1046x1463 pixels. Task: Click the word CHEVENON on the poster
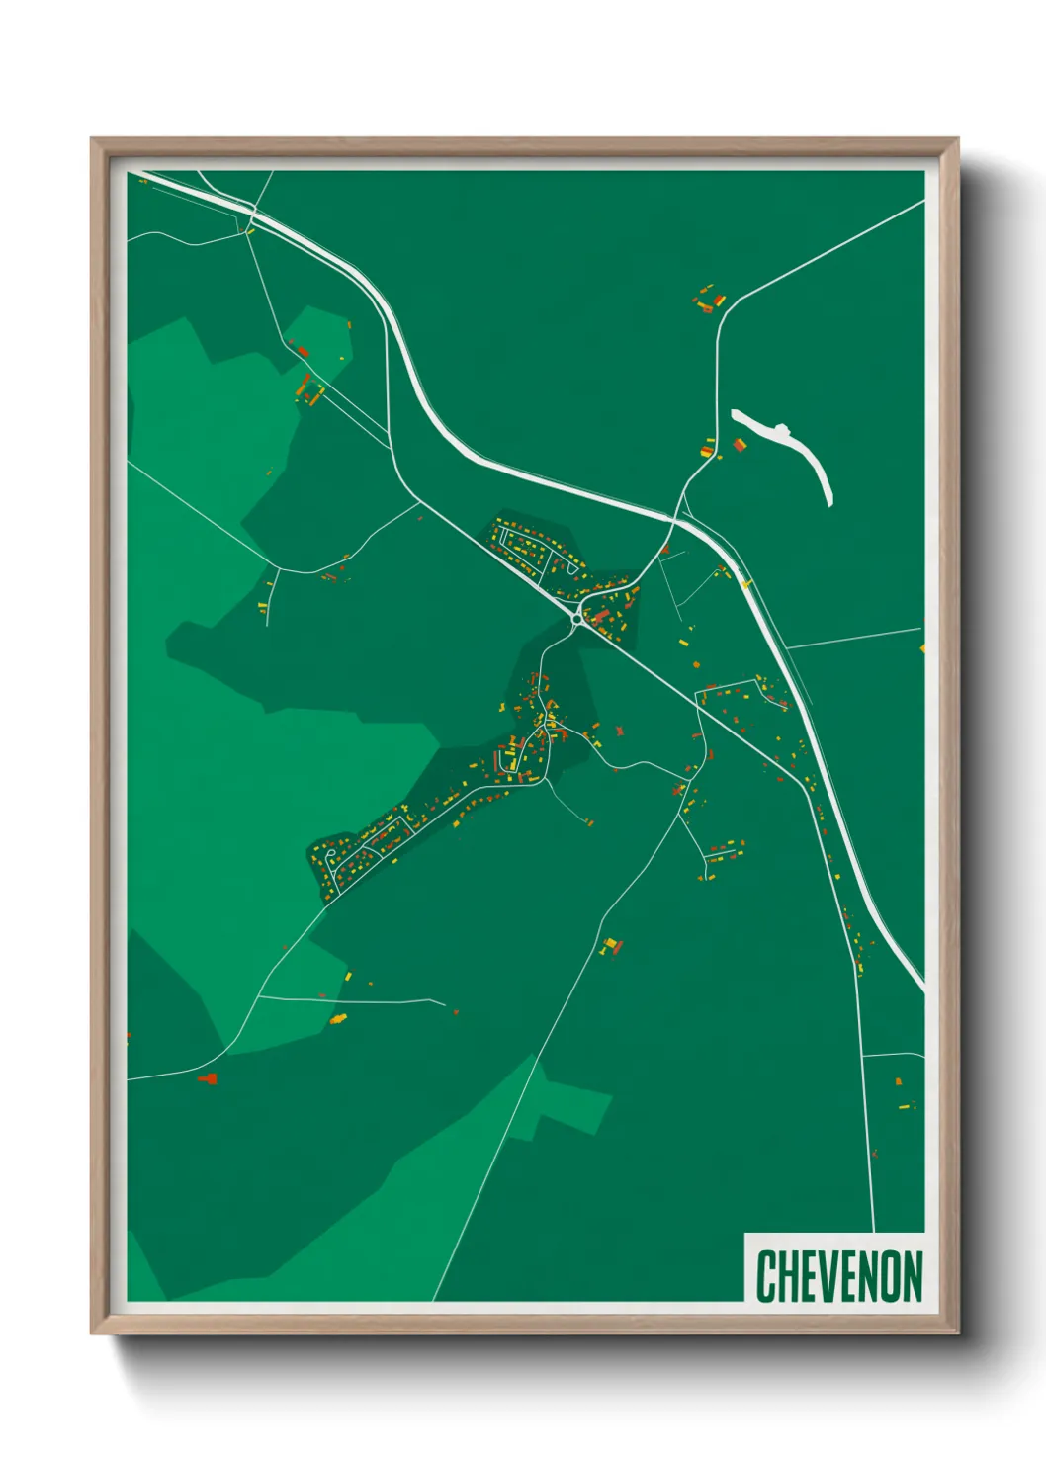pyautogui.click(x=839, y=1276)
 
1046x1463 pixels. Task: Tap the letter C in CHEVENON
pyautogui.click(x=766, y=1276)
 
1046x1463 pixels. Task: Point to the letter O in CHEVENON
pyautogui.click(x=890, y=1276)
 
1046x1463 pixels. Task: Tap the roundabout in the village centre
pyautogui.click(x=577, y=620)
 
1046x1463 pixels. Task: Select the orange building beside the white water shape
pyautogui.click(x=739, y=446)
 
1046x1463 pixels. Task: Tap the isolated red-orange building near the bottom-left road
pyautogui.click(x=208, y=1078)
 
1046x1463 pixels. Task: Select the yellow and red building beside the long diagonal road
pyautogui.click(x=611, y=945)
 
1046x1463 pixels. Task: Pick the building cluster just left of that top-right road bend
pyautogui.click(x=707, y=301)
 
